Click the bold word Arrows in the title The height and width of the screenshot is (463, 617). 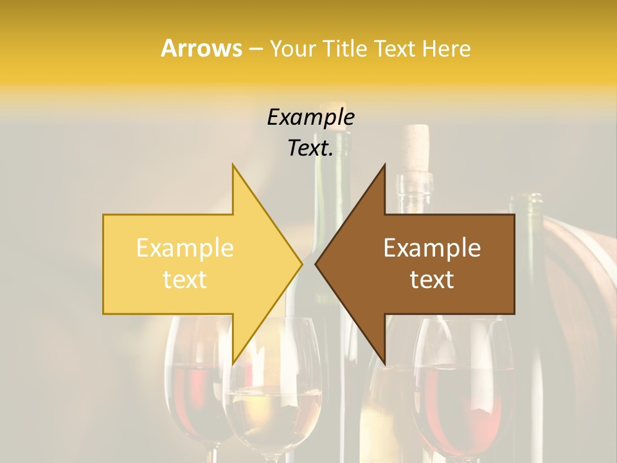(x=201, y=48)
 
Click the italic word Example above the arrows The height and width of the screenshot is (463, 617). (x=310, y=117)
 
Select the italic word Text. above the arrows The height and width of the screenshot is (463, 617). (x=310, y=149)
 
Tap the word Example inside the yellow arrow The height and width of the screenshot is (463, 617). (x=185, y=248)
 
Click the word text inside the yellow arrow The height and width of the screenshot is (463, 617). (x=185, y=280)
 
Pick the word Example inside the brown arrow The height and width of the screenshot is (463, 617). (x=432, y=248)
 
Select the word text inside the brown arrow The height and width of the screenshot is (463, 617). (x=432, y=280)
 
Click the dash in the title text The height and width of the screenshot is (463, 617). (x=255, y=50)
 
